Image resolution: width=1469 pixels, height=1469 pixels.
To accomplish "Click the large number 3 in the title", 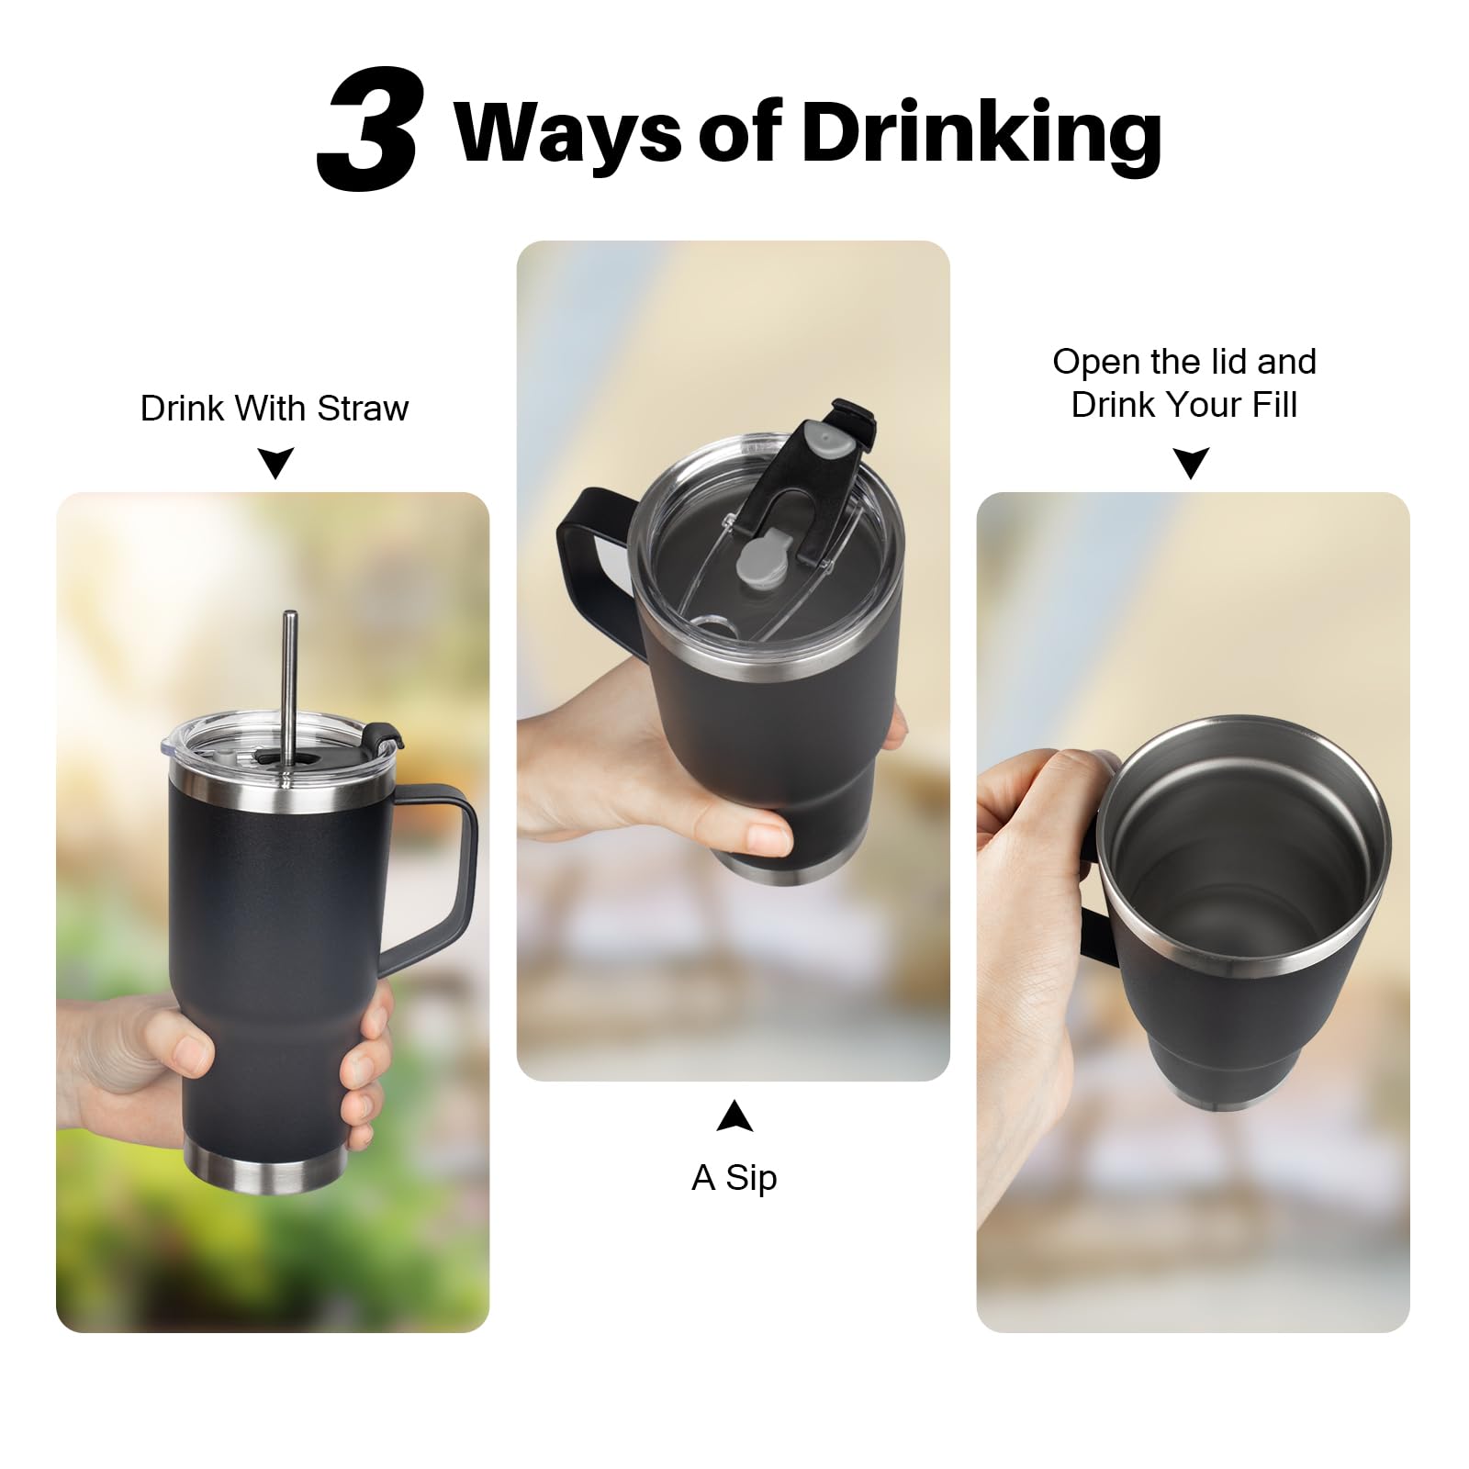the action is pyautogui.click(x=369, y=129).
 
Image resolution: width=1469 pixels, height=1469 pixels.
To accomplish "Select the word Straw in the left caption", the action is pyautogui.click(x=362, y=408).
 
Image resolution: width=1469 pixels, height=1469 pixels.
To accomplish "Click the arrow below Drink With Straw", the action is pyautogui.click(x=275, y=462).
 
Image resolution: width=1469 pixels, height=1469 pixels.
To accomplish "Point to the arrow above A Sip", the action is pyautogui.click(x=734, y=1116).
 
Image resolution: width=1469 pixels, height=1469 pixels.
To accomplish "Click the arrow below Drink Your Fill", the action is pyautogui.click(x=1192, y=462).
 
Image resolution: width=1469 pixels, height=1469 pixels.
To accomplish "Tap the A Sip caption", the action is pyautogui.click(x=734, y=1177).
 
